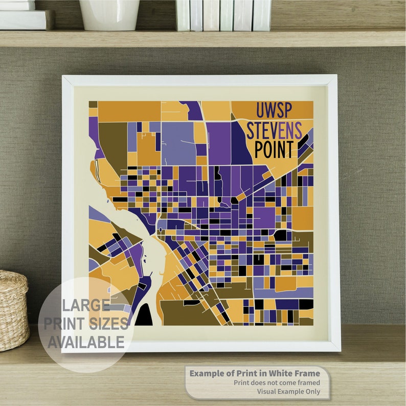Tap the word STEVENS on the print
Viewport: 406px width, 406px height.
274,130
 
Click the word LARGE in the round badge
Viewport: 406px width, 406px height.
86,306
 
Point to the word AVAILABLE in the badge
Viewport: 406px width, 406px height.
86,342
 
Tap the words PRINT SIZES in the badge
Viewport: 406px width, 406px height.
86,324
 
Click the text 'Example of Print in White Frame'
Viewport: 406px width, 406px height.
255,373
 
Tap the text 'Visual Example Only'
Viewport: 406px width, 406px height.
288,391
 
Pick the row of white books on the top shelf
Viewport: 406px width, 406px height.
223,15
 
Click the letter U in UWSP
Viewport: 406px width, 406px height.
261,110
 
